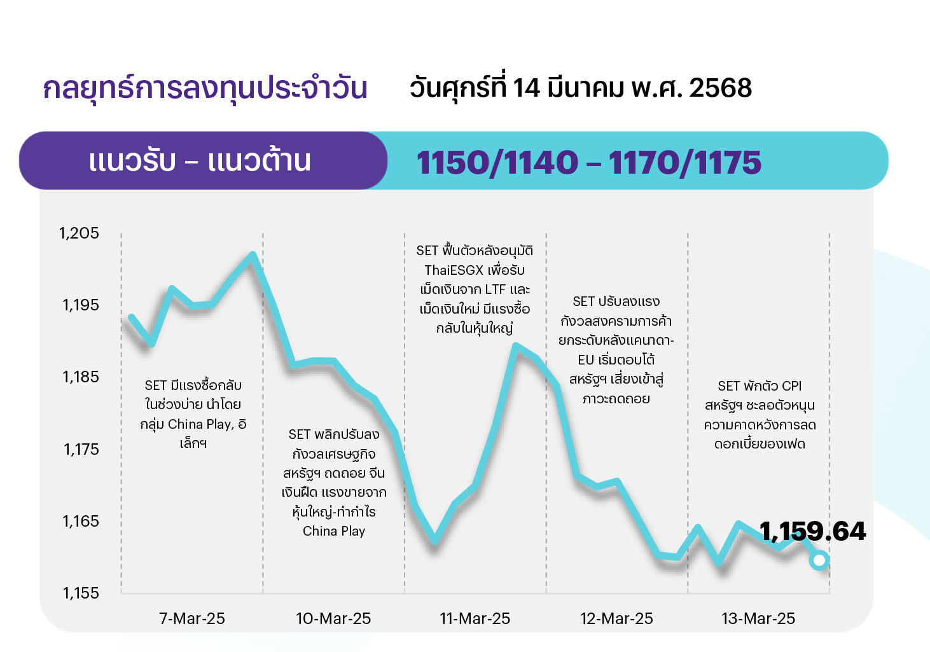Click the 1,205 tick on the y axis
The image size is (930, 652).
click(x=80, y=233)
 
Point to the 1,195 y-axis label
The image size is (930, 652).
click(x=81, y=305)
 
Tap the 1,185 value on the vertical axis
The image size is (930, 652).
click(x=81, y=377)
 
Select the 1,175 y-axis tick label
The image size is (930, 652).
click(x=81, y=449)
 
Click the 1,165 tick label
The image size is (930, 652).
click(x=81, y=521)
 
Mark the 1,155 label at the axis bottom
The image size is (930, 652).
click(x=81, y=593)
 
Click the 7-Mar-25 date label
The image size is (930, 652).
click(x=192, y=618)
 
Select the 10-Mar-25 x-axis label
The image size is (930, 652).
click(x=333, y=618)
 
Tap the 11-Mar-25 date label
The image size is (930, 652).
click(x=475, y=618)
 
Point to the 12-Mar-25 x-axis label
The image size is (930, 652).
click(x=616, y=618)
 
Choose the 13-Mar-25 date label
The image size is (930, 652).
click(x=758, y=618)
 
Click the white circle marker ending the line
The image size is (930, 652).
click(x=819, y=560)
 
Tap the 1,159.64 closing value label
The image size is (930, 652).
click(x=813, y=531)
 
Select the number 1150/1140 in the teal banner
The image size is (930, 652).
click(x=497, y=163)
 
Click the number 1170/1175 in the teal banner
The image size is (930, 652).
click(x=685, y=163)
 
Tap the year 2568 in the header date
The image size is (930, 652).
click(x=720, y=88)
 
